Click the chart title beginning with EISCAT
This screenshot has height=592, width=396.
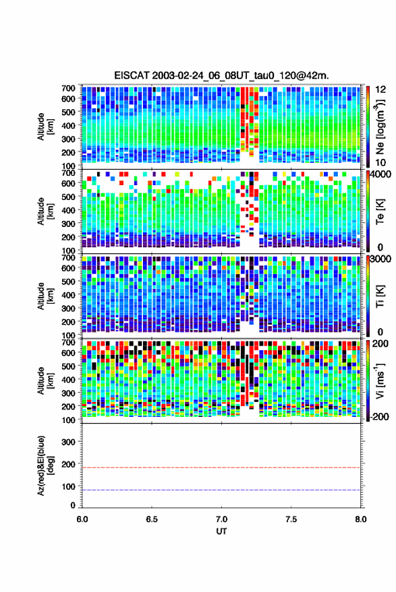[x=222, y=75]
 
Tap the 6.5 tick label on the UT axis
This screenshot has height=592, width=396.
[x=152, y=519]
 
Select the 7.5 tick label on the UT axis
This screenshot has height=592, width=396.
[x=291, y=519]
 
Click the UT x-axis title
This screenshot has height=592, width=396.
[x=221, y=531]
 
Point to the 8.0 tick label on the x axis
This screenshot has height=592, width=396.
[x=361, y=519]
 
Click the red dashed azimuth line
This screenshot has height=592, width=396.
[x=221, y=468]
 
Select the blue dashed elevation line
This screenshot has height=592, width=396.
[x=221, y=490]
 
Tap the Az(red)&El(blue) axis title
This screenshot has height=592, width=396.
[x=45, y=466]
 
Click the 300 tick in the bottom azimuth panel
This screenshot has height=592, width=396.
[x=68, y=442]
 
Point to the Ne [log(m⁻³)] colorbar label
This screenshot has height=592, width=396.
[x=380, y=127]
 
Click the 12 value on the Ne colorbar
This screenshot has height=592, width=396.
[x=380, y=90]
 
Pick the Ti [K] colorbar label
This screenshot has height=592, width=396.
[x=380, y=296]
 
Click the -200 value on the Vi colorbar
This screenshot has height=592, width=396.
[x=380, y=417]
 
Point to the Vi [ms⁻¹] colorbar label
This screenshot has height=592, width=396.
[x=380, y=381]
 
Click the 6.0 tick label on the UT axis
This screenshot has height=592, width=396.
[x=82, y=519]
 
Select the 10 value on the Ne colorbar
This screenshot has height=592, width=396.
[x=380, y=163]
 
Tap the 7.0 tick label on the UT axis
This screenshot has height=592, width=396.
[x=222, y=519]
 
